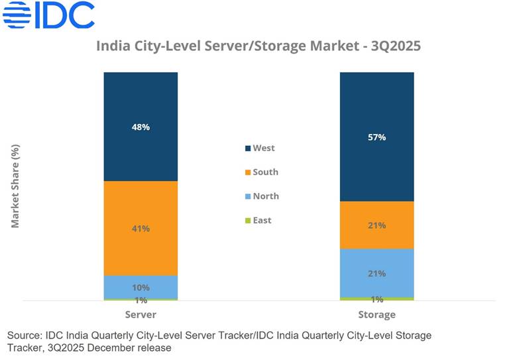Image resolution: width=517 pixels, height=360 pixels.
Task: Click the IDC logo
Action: click(x=49, y=15)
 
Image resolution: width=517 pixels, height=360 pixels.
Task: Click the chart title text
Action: click(x=258, y=46)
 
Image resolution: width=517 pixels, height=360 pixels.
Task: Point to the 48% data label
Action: click(x=141, y=127)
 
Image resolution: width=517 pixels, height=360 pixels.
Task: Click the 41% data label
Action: click(x=141, y=229)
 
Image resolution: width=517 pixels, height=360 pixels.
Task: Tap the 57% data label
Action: click(x=377, y=138)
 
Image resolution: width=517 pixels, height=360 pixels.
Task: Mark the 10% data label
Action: click(x=141, y=288)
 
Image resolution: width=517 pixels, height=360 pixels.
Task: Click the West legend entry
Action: click(x=259, y=148)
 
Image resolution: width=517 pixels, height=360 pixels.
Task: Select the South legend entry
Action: click(x=261, y=172)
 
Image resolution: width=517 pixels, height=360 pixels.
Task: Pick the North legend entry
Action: click(x=261, y=196)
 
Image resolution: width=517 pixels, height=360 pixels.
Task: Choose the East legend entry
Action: click(x=258, y=220)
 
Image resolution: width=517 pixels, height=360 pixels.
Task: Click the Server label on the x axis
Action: click(x=141, y=314)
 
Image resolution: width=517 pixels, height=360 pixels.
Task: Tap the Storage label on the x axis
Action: click(x=377, y=314)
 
